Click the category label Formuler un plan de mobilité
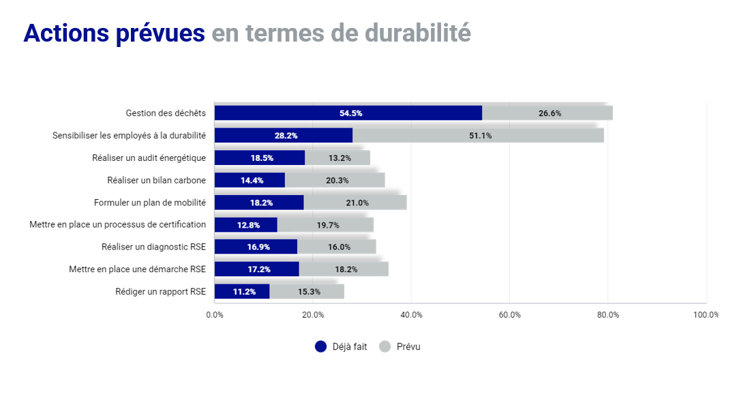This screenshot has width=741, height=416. pos(150,203)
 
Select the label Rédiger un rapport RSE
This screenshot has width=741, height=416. pos(160,291)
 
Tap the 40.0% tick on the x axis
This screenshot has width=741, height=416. pos(412,314)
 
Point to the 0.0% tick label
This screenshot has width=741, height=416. pos(215,314)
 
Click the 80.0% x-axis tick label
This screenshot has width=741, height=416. pos(608,314)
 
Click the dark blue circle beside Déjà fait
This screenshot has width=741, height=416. pos(321,346)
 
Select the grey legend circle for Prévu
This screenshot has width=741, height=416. pos(385,346)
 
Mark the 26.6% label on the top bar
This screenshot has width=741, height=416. pos(549,113)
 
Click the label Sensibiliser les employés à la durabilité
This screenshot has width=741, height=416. pos(129,136)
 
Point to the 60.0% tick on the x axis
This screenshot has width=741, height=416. pos(510,314)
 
